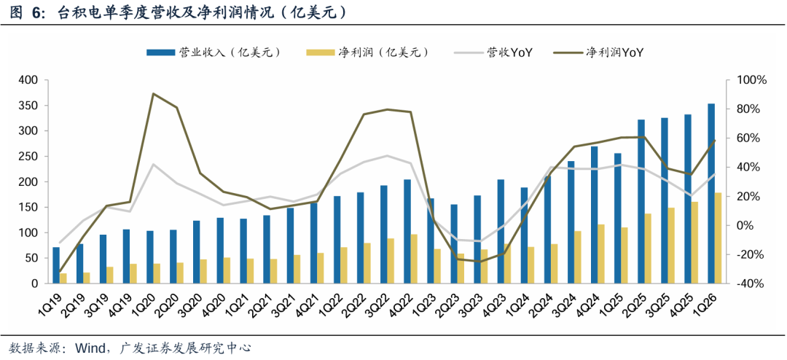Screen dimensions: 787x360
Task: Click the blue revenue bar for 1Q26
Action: tap(710, 193)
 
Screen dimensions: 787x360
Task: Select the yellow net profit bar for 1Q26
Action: tap(718, 238)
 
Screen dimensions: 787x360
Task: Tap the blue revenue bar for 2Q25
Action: tap(641, 201)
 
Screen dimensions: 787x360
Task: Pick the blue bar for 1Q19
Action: tap(56, 265)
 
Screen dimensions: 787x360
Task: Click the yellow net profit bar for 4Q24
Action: tap(600, 254)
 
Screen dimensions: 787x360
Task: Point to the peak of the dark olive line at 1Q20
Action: tap(152, 94)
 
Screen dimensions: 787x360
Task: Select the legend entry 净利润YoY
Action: tap(599, 52)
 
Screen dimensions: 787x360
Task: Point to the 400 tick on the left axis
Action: tap(28, 80)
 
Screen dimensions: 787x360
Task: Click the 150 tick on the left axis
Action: tap(28, 208)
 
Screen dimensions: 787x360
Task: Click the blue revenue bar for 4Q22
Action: tap(407, 232)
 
